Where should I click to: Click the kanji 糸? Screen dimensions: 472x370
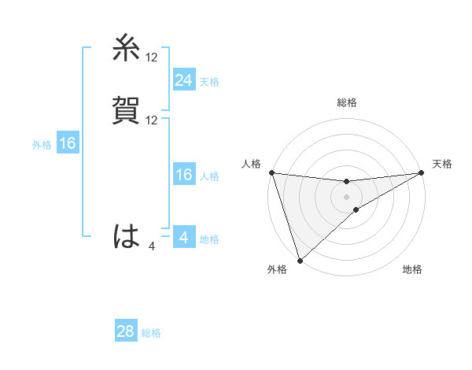coord(127,48)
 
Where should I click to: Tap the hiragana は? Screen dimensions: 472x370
coord(127,236)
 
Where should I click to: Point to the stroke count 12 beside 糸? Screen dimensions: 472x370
coord(152,57)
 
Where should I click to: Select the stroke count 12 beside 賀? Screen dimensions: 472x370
coord(152,120)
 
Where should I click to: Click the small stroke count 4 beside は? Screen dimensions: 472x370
coord(152,246)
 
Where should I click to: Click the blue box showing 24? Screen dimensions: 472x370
coord(183,80)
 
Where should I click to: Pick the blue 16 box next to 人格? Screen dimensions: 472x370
coord(183,175)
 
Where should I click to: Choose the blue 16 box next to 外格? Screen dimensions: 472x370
coord(68,143)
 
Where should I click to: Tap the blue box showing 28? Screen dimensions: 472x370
coord(125,331)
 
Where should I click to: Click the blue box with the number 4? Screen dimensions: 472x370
coord(183,237)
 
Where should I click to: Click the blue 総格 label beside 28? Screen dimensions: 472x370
coord(151,333)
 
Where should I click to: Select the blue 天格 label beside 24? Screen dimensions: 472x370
coord(209,81)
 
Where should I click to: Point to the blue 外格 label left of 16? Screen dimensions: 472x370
coord(42,145)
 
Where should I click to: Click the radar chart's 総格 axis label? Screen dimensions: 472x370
coord(347,103)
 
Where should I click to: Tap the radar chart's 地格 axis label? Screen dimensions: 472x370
coord(412,270)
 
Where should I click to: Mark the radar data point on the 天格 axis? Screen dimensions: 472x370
coord(422,172)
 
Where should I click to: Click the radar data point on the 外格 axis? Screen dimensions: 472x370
coord(300,260)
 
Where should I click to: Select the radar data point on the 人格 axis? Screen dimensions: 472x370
coord(271,172)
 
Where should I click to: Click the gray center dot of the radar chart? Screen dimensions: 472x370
coord(347,197)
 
